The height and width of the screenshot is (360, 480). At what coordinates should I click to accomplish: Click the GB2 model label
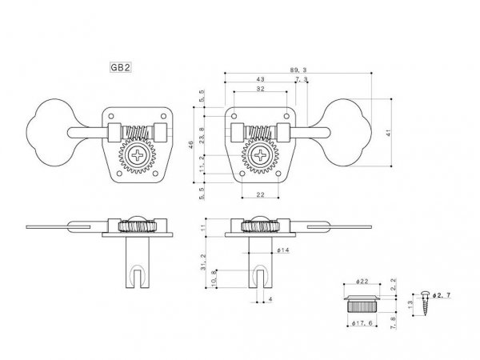pyautogui.click(x=120, y=70)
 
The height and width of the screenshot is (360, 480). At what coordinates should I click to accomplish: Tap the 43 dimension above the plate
pyautogui.click(x=261, y=81)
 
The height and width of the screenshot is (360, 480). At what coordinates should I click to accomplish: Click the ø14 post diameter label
pyautogui.click(x=284, y=251)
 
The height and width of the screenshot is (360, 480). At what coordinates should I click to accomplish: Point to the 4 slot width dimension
pyautogui.click(x=271, y=300)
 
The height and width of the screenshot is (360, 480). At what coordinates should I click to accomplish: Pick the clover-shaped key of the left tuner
pyautogui.click(x=50, y=130)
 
